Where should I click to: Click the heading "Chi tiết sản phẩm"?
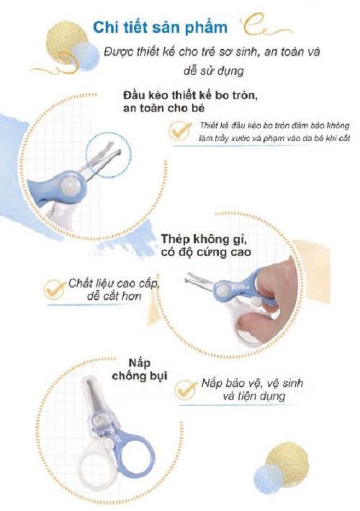tap(160, 27)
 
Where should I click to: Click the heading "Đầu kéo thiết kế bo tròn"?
tap(190, 96)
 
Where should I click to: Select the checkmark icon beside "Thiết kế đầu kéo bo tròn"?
tap(180, 131)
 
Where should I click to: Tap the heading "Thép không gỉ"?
tap(204, 239)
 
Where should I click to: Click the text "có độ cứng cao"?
tap(206, 252)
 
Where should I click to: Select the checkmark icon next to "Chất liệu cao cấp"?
tap(55, 289)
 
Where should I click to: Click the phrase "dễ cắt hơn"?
tap(114, 297)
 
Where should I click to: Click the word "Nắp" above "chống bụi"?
tap(140, 363)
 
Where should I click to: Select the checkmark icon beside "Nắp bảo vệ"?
tap(186, 389)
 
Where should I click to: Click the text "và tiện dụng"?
tap(254, 396)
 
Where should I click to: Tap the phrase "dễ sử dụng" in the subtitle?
tap(214, 71)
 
